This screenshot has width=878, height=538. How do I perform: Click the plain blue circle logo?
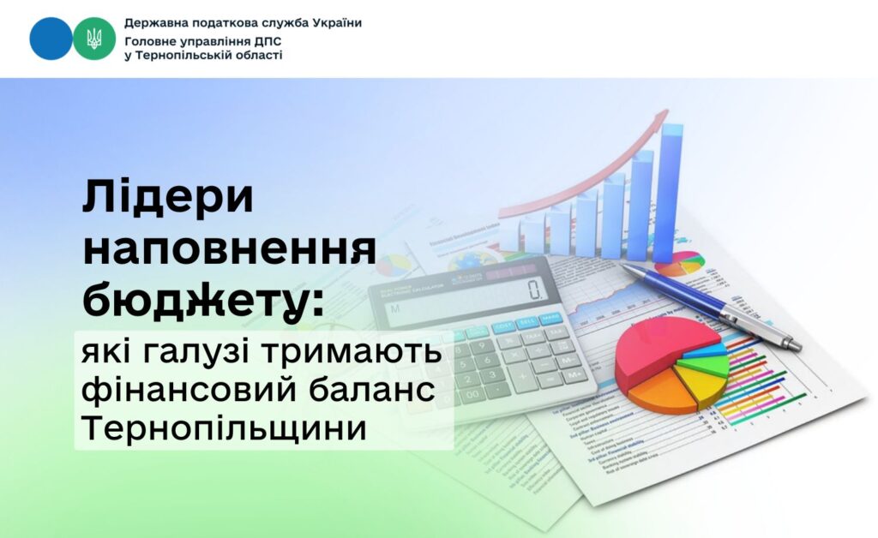click(51, 39)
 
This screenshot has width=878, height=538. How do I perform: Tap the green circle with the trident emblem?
click(93, 39)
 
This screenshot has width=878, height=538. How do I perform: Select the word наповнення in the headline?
click(230, 249)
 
